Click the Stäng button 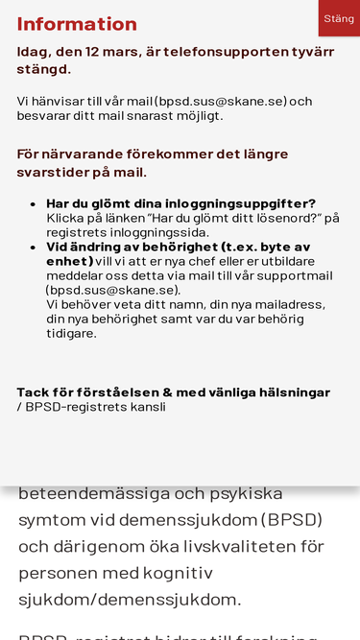(338, 18)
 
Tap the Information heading (77, 24)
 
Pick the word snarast (145, 116)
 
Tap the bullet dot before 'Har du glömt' (35, 204)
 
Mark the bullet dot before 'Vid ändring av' (35, 248)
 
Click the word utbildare (287, 261)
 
